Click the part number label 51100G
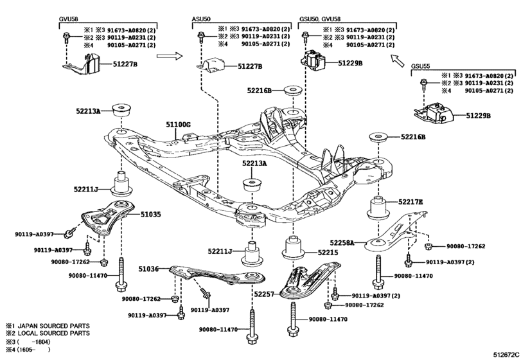click(179, 125)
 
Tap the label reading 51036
click(148, 268)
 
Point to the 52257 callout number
click(264, 294)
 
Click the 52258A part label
click(342, 243)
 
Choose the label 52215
click(328, 252)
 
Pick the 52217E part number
click(411, 202)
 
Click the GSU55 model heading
click(420, 66)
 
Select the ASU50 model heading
click(201, 19)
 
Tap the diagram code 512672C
click(506, 354)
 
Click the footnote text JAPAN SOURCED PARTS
click(53, 326)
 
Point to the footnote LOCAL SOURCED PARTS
click(53, 333)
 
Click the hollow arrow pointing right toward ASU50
click(170, 55)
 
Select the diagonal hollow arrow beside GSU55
click(398, 60)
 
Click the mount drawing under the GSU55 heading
click(434, 114)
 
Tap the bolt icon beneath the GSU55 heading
click(423, 84)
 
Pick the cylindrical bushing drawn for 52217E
click(378, 208)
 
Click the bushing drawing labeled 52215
click(294, 248)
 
